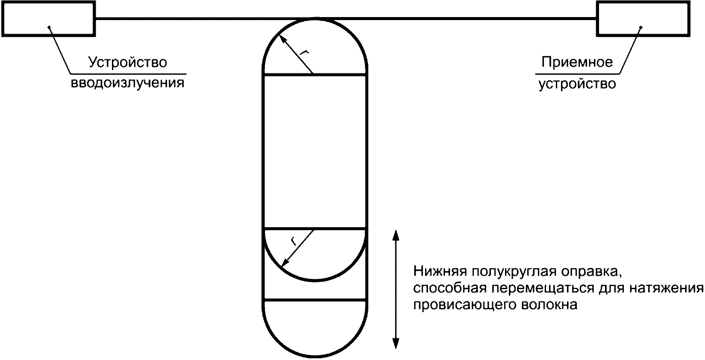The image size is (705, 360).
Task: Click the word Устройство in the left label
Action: [x=127, y=62]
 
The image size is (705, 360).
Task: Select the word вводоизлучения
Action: [x=127, y=82]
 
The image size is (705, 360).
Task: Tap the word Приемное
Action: [x=577, y=62]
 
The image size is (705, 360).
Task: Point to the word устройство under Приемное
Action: [x=577, y=84]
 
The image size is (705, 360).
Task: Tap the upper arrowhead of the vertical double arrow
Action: [x=396, y=234]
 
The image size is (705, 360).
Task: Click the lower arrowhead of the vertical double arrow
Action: [x=396, y=344]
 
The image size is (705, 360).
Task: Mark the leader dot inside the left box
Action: [x=50, y=27]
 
